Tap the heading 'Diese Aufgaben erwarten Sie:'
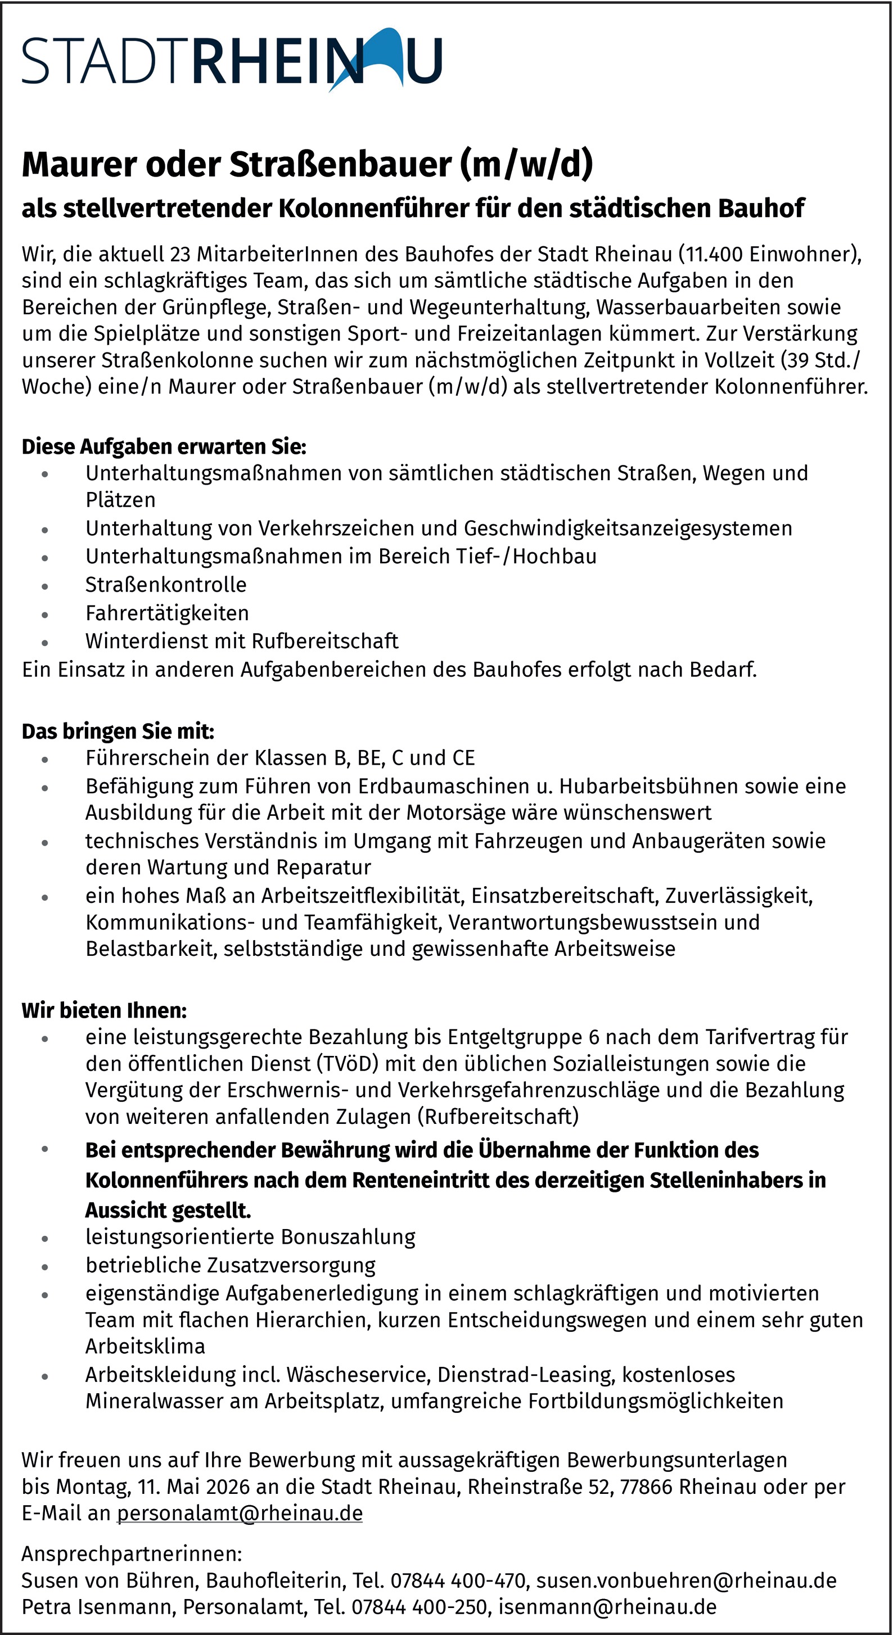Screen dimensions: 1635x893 pos(164,447)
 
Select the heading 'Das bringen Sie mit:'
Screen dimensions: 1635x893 pos(118,731)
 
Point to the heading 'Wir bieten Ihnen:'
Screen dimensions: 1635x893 pos(104,1010)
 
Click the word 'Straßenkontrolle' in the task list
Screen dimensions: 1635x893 pos(166,585)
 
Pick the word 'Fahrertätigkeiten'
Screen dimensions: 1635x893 pos(167,613)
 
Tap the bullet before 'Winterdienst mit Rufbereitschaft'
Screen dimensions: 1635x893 pos(44,642)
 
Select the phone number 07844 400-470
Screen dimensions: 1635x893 pos(458,1580)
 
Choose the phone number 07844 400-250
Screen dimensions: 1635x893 pos(420,1607)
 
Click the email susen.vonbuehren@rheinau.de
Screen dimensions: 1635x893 pos(686,1580)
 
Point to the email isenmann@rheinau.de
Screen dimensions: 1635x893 pos(607,1607)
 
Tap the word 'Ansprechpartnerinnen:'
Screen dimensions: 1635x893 pos(132,1554)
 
